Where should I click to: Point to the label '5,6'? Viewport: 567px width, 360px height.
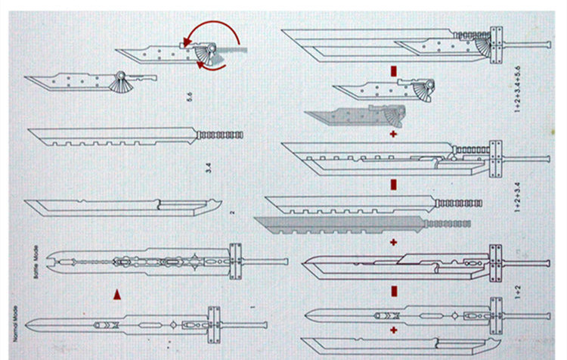click(198, 98)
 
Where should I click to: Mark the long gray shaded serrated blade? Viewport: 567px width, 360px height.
click(355, 223)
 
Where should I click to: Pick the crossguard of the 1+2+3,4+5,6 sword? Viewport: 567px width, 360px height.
click(497, 48)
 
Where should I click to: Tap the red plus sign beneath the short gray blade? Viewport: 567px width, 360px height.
click(393, 134)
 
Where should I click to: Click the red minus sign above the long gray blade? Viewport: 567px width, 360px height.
click(394, 183)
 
